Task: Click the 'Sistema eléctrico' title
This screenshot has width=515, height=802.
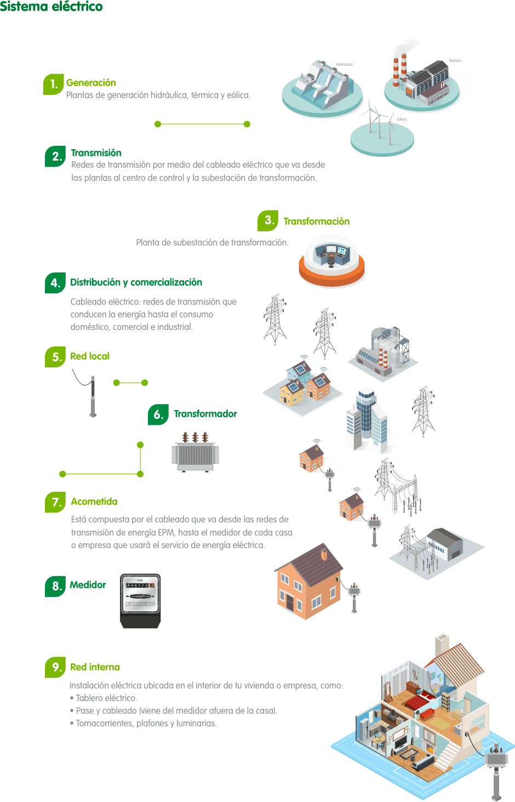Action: tap(51, 7)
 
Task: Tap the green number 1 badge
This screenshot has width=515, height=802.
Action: tap(53, 84)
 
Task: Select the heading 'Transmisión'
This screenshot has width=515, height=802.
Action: tap(96, 153)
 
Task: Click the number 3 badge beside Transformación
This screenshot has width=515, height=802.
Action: tap(268, 220)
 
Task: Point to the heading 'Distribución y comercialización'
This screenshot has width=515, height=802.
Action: tap(136, 282)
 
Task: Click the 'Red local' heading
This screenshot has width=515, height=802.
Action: tap(90, 356)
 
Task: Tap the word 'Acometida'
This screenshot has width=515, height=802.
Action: tap(94, 502)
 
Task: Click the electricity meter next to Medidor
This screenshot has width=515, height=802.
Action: tap(140, 600)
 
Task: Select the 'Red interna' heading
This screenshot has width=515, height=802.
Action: tap(95, 667)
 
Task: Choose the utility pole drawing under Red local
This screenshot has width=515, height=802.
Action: tap(93, 396)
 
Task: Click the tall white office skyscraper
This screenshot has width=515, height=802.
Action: tap(366, 419)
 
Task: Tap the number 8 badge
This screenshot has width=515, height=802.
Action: tap(55, 586)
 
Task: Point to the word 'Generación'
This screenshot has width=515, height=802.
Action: tap(91, 83)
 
